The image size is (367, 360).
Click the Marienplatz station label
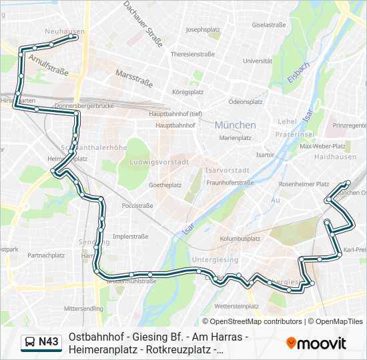[236, 137]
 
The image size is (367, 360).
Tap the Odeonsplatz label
[246, 102]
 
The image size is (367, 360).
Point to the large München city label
[235, 125]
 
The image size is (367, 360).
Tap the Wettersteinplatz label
[238, 305]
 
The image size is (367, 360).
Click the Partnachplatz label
[45, 255]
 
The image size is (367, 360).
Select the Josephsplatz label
[203, 29]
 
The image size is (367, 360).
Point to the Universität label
[258, 61]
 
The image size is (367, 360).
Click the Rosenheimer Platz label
[304, 184]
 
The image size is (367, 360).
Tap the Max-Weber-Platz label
[322, 146]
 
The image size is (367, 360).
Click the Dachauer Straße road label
[143, 24]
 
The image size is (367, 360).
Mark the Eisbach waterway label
[298, 74]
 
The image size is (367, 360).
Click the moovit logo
[316, 343]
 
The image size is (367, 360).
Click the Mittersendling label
[83, 309]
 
